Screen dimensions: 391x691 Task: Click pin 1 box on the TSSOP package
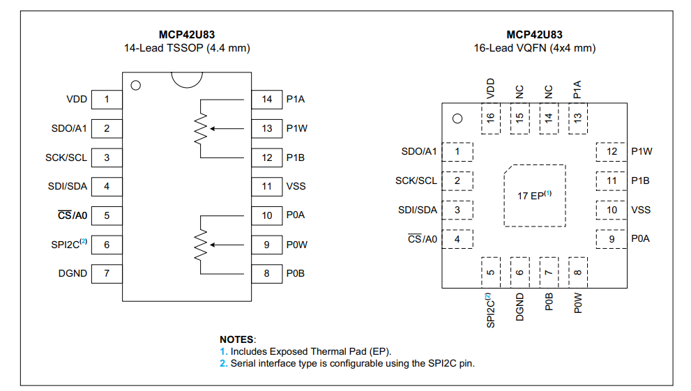(107, 99)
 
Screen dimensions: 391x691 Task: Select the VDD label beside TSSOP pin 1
(77, 99)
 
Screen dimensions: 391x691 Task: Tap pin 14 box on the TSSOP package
(267, 99)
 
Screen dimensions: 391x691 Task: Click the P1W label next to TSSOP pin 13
(296, 128)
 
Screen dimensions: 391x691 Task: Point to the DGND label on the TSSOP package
(73, 273)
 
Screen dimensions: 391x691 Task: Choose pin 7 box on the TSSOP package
(107, 273)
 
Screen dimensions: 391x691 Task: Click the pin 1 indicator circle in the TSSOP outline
(136, 86)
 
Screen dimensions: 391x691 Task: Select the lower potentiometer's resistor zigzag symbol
(201, 245)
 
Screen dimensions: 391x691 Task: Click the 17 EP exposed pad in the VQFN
(534, 196)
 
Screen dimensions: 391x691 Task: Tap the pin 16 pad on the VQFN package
(490, 118)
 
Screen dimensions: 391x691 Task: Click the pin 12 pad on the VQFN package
(612, 151)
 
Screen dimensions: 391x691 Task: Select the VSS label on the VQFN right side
(640, 210)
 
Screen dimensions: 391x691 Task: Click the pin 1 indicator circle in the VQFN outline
(457, 118)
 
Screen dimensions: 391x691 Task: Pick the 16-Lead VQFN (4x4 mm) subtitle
(534, 48)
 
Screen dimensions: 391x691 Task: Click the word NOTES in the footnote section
(237, 339)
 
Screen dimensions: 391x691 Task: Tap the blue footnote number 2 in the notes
(223, 363)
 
